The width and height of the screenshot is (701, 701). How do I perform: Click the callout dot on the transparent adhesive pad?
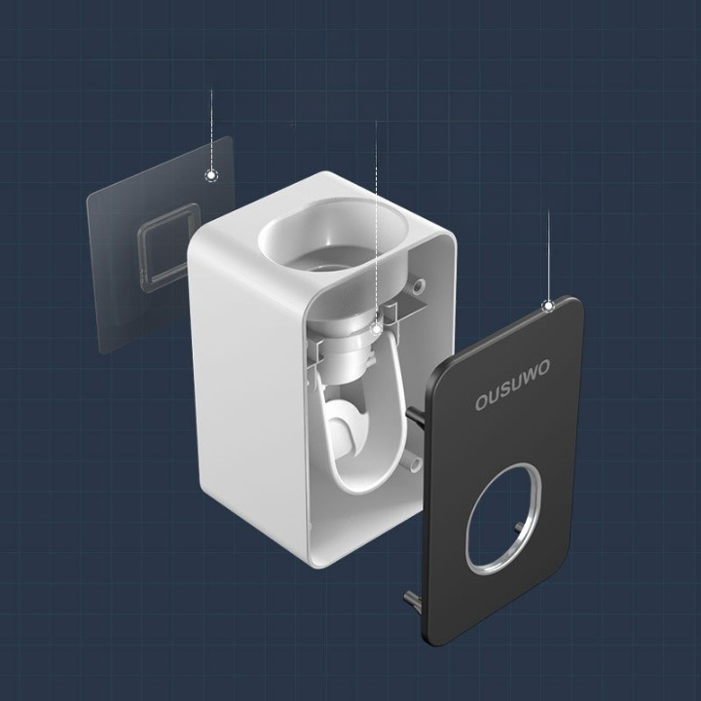click(x=211, y=175)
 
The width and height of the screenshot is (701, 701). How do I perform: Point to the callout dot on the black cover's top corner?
click(x=549, y=306)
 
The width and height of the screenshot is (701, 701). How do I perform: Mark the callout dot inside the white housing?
click(x=377, y=329)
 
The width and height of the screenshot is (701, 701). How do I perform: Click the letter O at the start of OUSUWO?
click(x=480, y=402)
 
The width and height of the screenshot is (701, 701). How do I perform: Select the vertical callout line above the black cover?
click(x=549, y=253)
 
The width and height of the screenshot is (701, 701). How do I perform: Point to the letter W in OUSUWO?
click(x=528, y=377)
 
